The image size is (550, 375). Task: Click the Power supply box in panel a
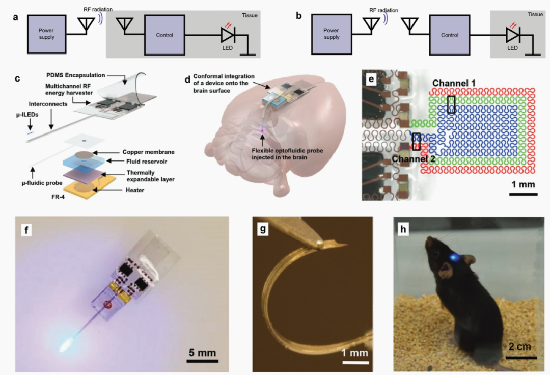pyautogui.click(x=47, y=34)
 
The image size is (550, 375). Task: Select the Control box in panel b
pyautogui.click(x=450, y=35)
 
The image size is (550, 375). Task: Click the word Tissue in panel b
pyautogui.click(x=535, y=14)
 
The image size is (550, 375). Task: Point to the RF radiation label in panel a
pyautogui.click(x=98, y=10)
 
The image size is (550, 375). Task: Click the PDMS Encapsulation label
pyautogui.click(x=76, y=75)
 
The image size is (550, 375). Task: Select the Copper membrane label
pyautogui.click(x=148, y=152)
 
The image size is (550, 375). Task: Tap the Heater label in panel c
pyautogui.click(x=135, y=190)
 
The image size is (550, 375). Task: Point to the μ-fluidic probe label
pyautogui.click(x=42, y=183)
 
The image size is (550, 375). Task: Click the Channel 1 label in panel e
pyautogui.click(x=454, y=83)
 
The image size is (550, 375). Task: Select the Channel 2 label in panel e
pyautogui.click(x=414, y=159)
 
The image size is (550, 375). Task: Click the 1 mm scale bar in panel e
pyautogui.click(x=524, y=194)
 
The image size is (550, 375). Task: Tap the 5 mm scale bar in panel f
pyautogui.click(x=202, y=361)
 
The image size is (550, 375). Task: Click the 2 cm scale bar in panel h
pyautogui.click(x=521, y=358)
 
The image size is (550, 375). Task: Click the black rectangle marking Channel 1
pyautogui.click(x=452, y=104)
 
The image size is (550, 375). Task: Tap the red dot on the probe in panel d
pyautogui.click(x=262, y=130)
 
